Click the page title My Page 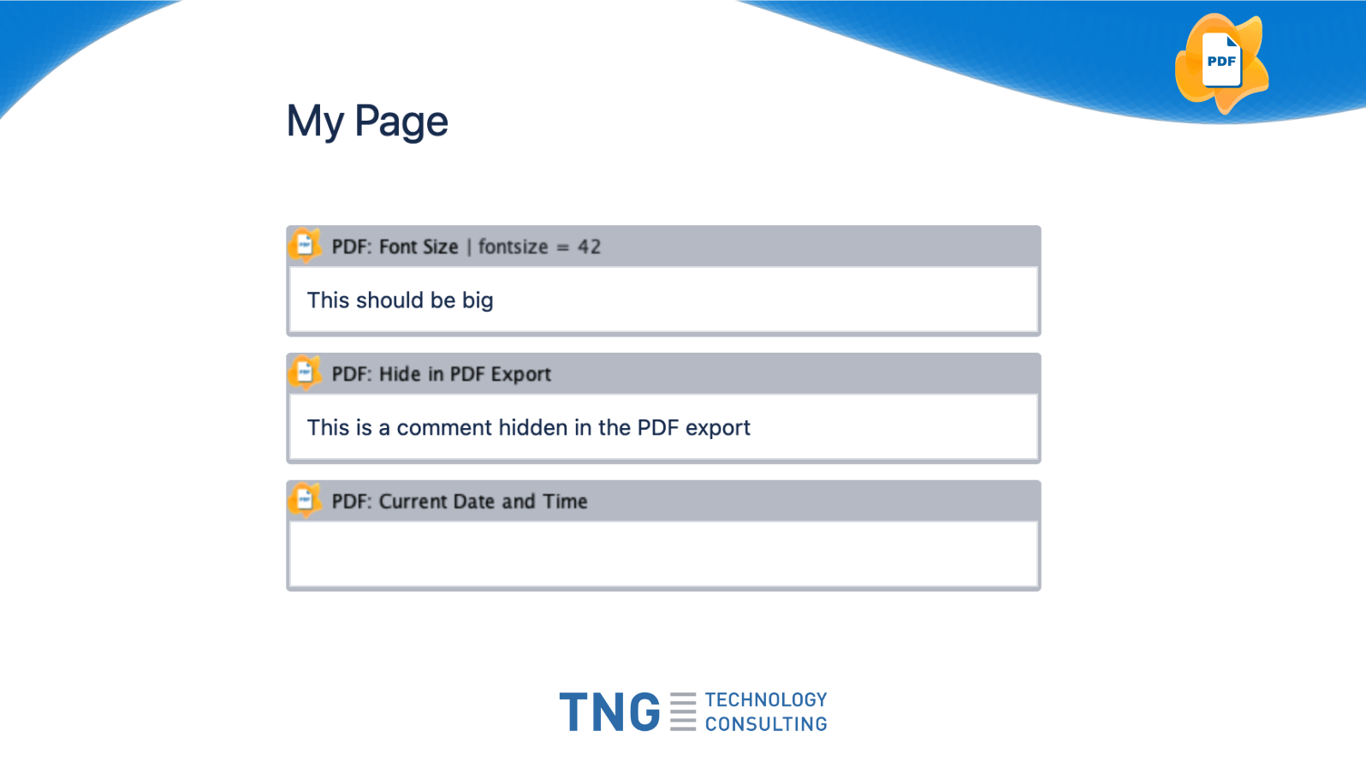coord(367,122)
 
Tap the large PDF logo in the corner coord(1221,63)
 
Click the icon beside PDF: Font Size coord(305,246)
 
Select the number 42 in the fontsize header coord(589,247)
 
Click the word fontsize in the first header coord(513,247)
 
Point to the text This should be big coord(400,300)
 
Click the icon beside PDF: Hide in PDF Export coord(305,373)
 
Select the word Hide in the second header coord(400,374)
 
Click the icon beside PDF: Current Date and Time coord(305,501)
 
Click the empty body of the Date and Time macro coord(663,554)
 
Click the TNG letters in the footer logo coord(609,711)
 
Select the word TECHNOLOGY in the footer coord(766,699)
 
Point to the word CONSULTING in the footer coord(766,723)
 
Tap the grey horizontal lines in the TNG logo coord(683,711)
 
